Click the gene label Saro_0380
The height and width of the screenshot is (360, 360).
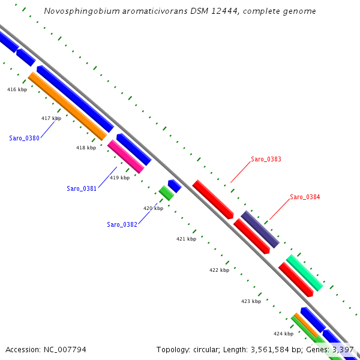tap(24, 138)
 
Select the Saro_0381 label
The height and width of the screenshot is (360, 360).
tap(82, 188)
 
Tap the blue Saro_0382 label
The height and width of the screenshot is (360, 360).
tap(122, 224)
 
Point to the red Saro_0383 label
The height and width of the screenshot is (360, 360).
tap(266, 160)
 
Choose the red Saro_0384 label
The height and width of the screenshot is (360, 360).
tap(305, 197)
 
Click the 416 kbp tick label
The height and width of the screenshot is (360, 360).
tap(17, 89)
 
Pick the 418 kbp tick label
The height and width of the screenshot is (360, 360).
tap(86, 148)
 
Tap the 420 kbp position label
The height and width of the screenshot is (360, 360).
tap(153, 208)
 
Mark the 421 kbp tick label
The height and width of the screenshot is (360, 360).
tap(186, 239)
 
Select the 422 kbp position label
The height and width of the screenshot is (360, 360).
tap(219, 270)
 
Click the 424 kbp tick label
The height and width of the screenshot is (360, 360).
tap(283, 334)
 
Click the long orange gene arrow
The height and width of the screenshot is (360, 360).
tap(67, 106)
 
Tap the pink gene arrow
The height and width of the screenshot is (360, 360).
tap(126, 157)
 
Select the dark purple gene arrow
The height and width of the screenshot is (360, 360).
tap(260, 229)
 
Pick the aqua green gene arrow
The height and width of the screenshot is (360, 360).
tap(304, 272)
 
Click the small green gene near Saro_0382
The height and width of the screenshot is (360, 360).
tap(166, 193)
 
